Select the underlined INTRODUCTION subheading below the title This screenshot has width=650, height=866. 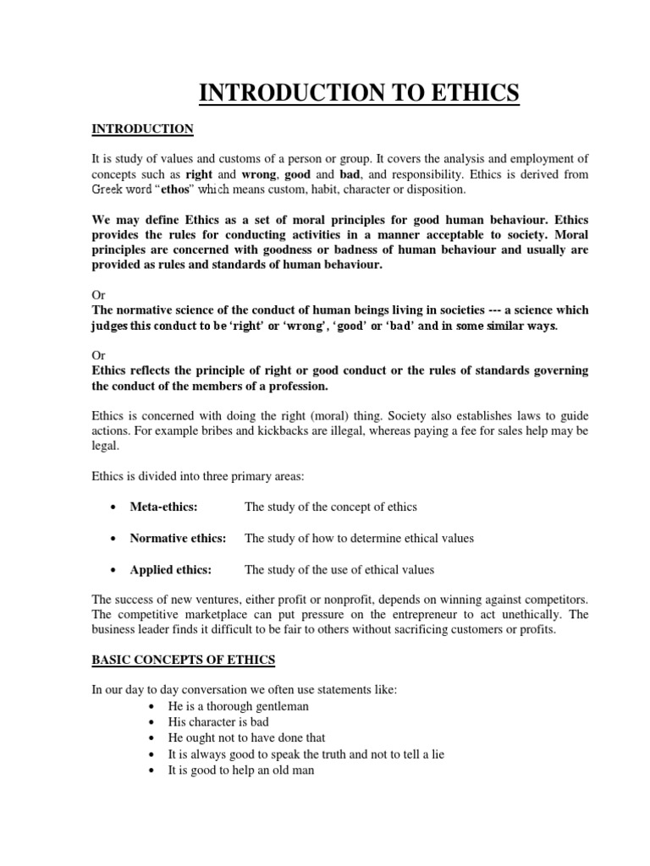[x=142, y=129]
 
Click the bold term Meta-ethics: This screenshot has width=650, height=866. [x=163, y=507]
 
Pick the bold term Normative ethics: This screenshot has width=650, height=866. [x=178, y=538]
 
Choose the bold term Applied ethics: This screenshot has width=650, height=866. [x=170, y=569]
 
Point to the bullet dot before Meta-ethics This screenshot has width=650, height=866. [x=113, y=507]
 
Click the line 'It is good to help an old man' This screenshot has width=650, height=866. [x=241, y=770]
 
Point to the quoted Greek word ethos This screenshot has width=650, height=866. [x=168, y=189]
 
